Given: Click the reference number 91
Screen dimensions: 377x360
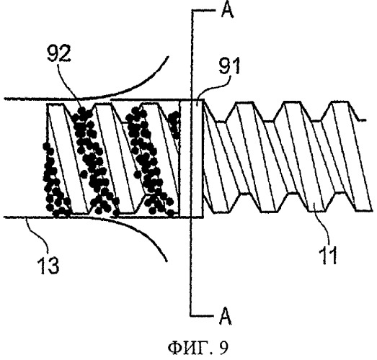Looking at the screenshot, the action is (x=229, y=66).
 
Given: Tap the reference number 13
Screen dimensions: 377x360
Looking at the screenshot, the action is (x=48, y=266).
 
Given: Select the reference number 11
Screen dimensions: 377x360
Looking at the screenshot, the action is (x=328, y=256).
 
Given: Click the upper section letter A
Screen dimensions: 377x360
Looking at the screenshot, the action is (x=227, y=10).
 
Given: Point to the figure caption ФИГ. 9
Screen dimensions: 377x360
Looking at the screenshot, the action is (x=198, y=348).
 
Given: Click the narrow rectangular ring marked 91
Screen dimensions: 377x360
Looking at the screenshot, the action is (x=192, y=158).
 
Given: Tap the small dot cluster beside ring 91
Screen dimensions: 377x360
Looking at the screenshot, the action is (x=174, y=125).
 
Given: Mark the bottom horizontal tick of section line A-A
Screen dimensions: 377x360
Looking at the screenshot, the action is (x=202, y=316).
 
